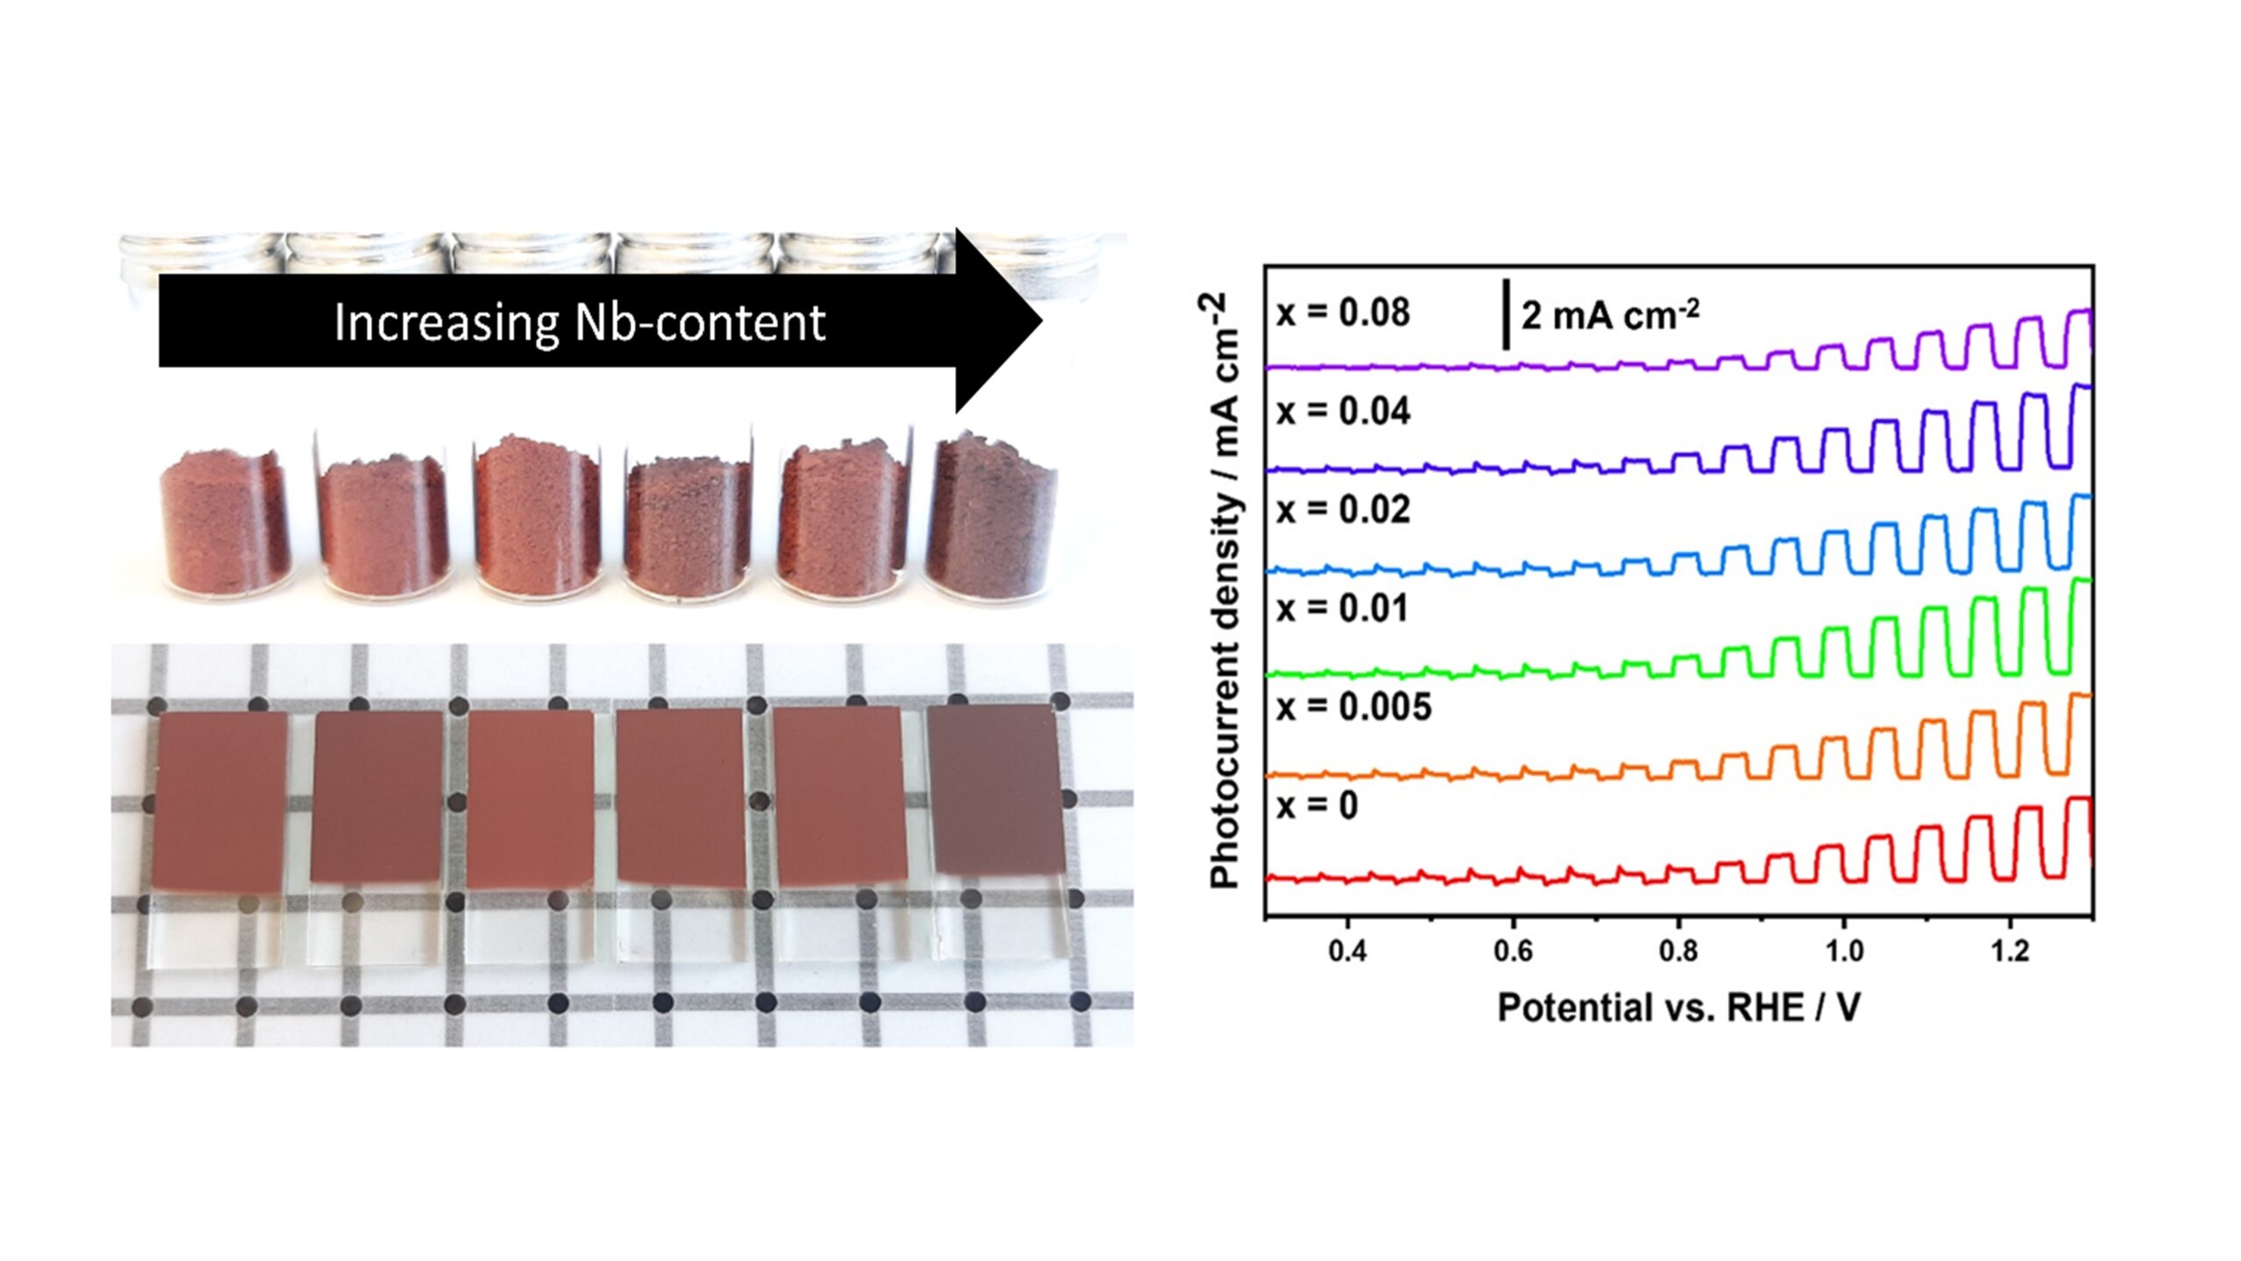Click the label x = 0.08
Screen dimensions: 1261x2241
1343,313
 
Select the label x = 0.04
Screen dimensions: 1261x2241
1343,412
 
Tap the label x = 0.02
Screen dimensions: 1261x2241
1343,510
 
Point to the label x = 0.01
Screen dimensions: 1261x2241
1343,609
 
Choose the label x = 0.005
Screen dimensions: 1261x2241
1353,707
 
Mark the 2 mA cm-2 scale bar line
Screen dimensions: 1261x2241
1506,314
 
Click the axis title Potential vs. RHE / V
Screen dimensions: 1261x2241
1679,1008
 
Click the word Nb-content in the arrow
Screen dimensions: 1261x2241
699,322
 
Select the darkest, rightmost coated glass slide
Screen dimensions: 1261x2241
993,788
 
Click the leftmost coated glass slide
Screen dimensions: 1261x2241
219,800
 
